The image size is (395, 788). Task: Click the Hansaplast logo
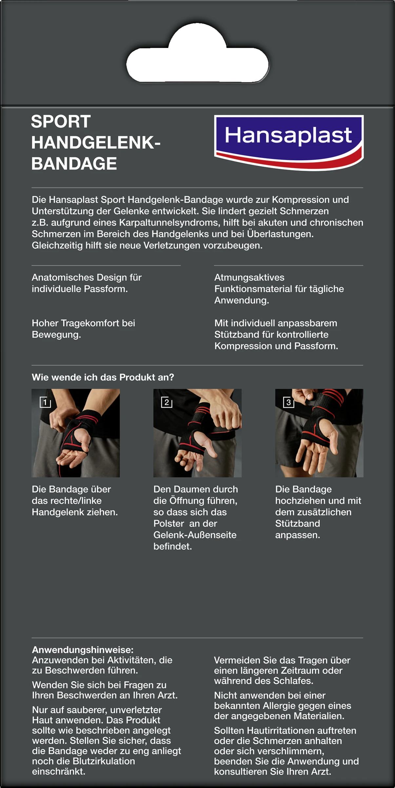289,142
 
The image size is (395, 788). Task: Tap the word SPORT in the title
61,121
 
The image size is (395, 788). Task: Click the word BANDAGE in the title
74,164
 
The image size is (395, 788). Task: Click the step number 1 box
45,402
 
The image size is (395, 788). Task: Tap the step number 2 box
167,402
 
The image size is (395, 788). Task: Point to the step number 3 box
288,402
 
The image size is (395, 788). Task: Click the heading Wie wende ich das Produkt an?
103,377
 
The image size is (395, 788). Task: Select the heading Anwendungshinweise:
83,650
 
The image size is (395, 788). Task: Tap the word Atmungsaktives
249,277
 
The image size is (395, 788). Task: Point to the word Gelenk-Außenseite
195,535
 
